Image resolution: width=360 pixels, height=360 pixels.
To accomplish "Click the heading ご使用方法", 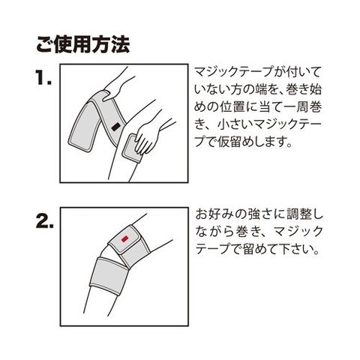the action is pos(82,45).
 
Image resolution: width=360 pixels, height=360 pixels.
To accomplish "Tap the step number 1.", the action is pos(43,77).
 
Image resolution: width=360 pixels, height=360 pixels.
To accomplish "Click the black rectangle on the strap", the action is pos(115,127).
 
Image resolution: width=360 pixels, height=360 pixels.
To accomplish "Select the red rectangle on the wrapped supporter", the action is pos(124,239).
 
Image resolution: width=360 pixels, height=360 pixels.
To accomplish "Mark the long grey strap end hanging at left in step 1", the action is pos(84,125).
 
